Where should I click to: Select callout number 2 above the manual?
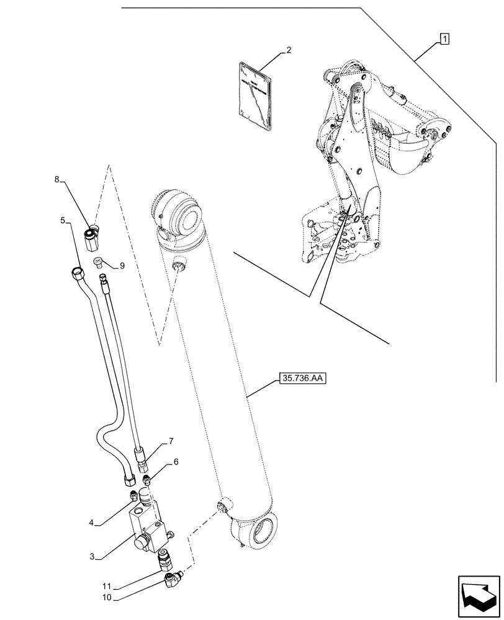289,50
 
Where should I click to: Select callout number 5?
63,220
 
